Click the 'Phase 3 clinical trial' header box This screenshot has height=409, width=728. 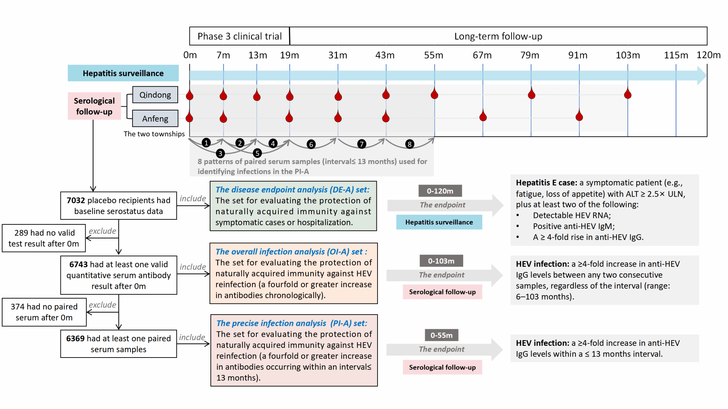tap(240, 36)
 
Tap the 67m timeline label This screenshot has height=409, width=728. tap(482, 55)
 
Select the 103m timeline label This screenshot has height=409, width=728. tap(628, 55)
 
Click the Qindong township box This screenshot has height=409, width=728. tap(155, 95)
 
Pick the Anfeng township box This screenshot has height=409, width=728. tap(155, 119)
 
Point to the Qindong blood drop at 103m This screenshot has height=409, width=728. tap(628, 94)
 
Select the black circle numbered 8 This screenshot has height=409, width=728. tap(409, 144)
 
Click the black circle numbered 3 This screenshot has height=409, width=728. tap(220, 153)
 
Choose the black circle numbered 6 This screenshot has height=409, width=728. tap(311, 144)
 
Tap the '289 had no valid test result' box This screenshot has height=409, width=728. tap(44, 238)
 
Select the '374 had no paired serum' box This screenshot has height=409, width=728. tap(44, 312)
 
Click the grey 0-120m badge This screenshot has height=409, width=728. tap(440, 191)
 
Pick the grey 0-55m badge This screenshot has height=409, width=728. tap(441, 335)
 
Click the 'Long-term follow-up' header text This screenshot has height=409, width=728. tap(498, 36)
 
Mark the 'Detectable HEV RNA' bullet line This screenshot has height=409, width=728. tap(572, 216)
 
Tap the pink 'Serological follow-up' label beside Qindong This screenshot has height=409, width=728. tap(94, 106)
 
